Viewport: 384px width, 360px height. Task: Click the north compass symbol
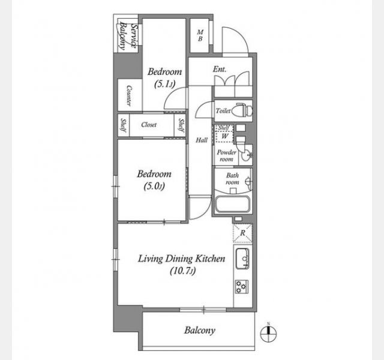pyautogui.click(x=268, y=334)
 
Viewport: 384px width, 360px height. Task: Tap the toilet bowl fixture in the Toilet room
pyautogui.click(x=244, y=110)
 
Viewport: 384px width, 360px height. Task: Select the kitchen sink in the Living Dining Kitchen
pyautogui.click(x=242, y=259)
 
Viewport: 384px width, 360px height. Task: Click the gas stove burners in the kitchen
pyautogui.click(x=242, y=287)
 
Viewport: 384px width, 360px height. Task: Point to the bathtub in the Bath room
pyautogui.click(x=232, y=204)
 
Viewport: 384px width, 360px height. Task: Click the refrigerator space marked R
pyautogui.click(x=242, y=233)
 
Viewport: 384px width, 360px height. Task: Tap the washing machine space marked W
pyautogui.click(x=224, y=136)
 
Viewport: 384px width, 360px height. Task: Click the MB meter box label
pyautogui.click(x=200, y=35)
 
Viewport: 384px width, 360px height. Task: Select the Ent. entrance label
pyautogui.click(x=219, y=70)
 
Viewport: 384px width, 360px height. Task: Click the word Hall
pyautogui.click(x=202, y=140)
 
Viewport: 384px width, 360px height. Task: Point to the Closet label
pyautogui.click(x=149, y=125)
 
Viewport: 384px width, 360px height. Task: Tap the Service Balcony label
pyautogui.click(x=128, y=36)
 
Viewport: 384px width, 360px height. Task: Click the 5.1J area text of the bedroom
pyautogui.click(x=164, y=85)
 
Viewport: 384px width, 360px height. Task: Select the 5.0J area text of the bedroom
pyautogui.click(x=154, y=187)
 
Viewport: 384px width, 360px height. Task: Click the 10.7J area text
pyautogui.click(x=182, y=271)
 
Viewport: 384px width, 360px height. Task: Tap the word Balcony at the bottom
pyautogui.click(x=200, y=331)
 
